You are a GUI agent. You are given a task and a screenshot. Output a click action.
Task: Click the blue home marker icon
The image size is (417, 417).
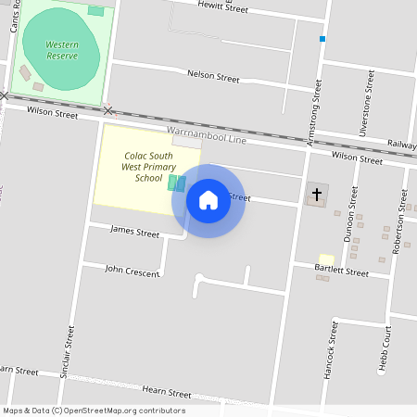[x=208, y=199]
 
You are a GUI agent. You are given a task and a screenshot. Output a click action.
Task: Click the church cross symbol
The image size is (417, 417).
[x=317, y=195]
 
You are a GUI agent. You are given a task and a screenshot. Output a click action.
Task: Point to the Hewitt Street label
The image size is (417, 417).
[x=223, y=7]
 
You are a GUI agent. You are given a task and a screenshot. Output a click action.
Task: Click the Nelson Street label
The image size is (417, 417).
[x=213, y=75]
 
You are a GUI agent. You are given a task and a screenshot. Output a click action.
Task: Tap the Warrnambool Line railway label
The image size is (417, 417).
[x=207, y=134]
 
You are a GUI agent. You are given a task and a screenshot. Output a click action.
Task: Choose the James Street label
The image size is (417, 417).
[x=135, y=232]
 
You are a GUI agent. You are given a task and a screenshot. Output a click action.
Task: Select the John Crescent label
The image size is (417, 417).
[x=132, y=271]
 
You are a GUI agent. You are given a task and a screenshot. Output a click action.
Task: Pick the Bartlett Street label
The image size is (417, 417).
[x=341, y=271]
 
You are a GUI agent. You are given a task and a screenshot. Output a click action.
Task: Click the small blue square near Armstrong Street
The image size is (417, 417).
[x=322, y=39]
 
